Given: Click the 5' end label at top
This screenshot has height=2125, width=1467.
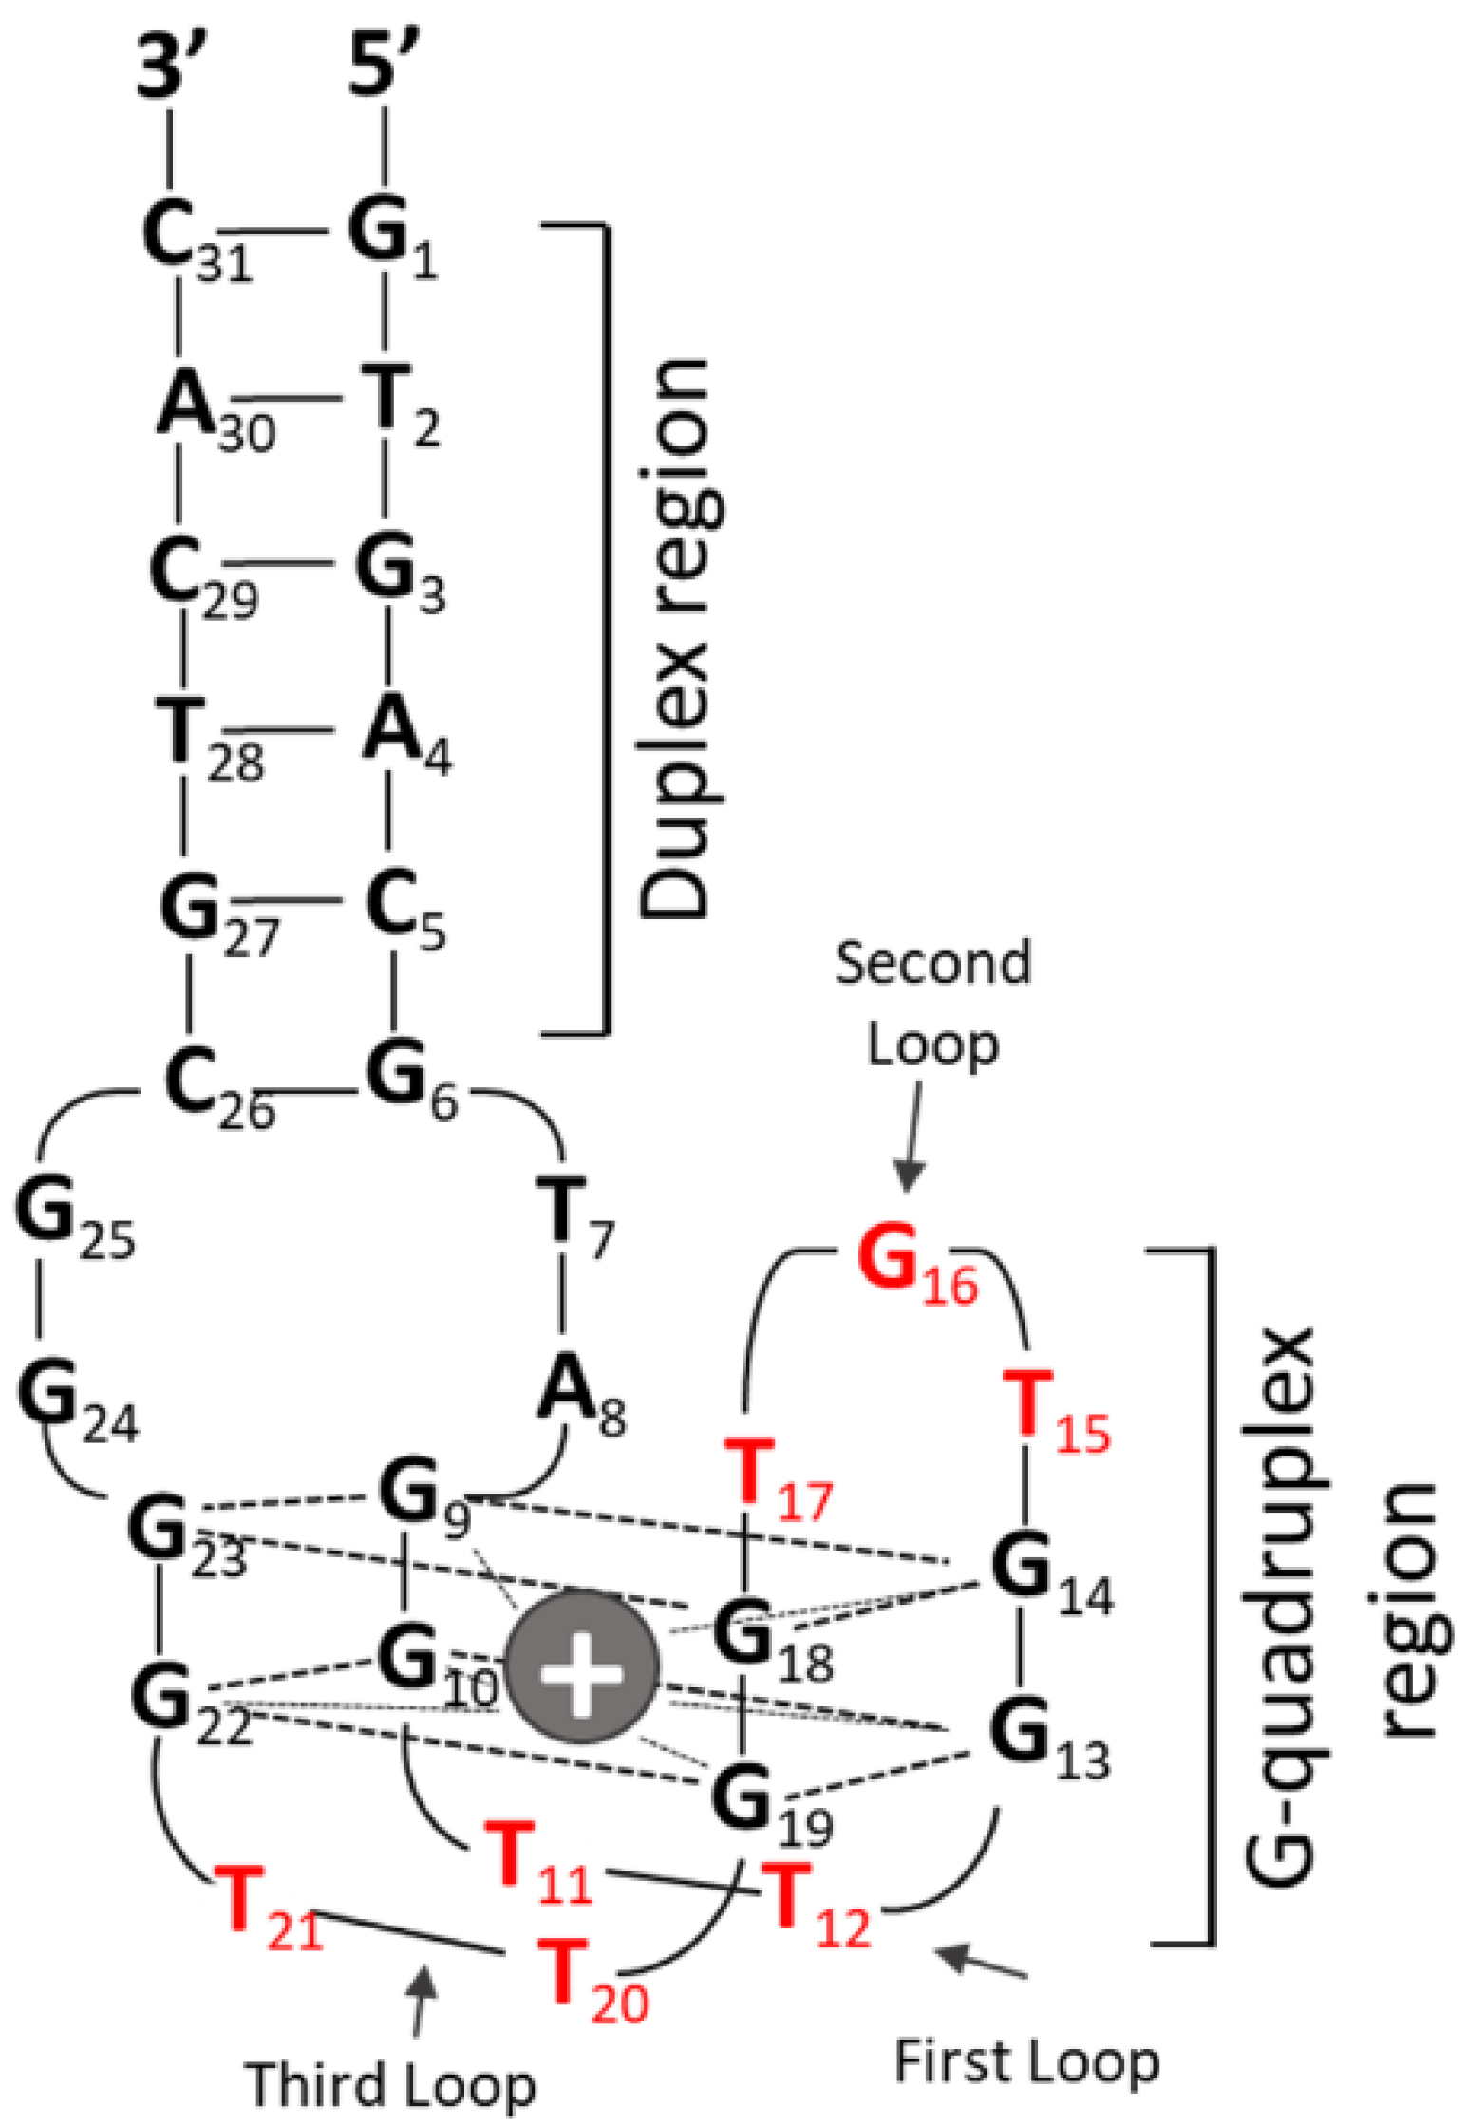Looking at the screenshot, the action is click(382, 64).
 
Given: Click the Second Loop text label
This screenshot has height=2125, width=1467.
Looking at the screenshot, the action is click(932, 1004).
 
